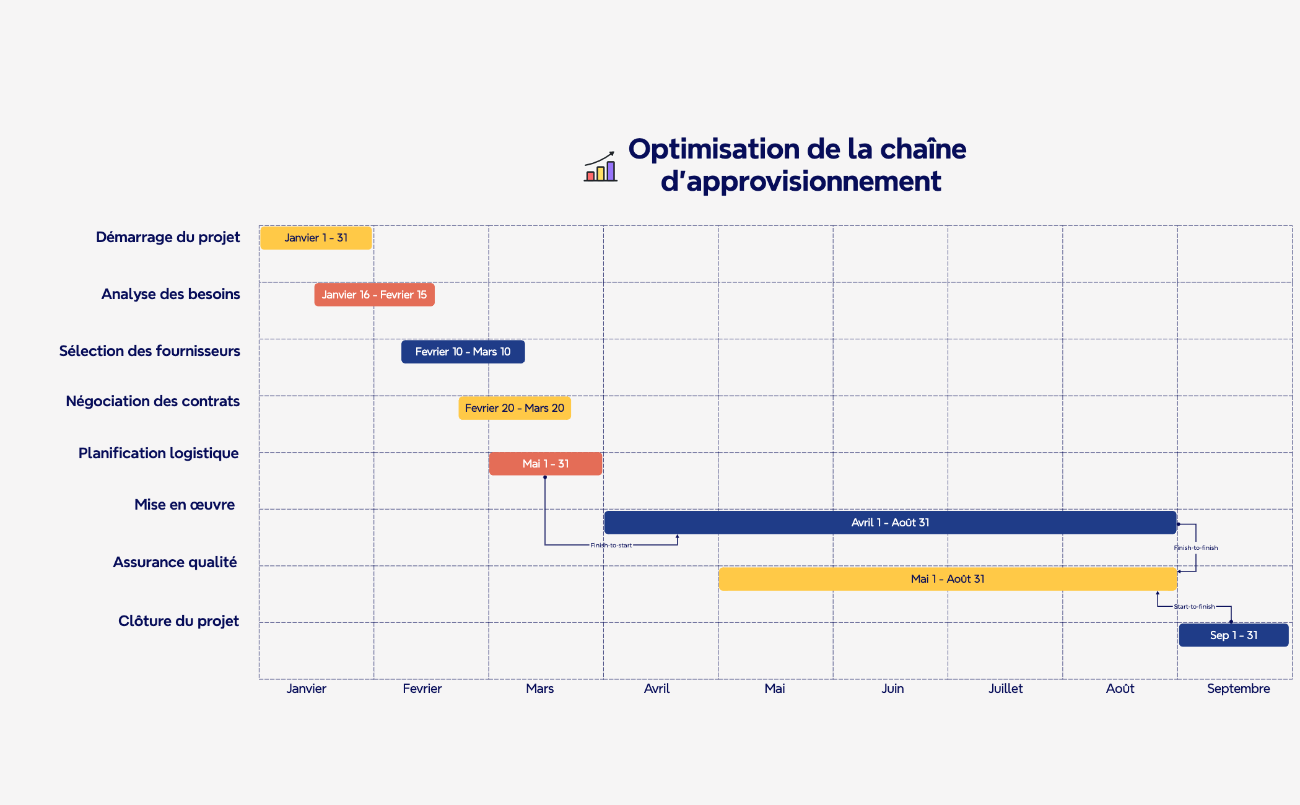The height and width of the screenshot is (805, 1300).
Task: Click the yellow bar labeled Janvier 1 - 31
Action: pos(316,238)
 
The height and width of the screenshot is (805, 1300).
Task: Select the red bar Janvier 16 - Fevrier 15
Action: pos(374,295)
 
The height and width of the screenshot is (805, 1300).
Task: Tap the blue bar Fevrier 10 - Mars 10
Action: pos(463,352)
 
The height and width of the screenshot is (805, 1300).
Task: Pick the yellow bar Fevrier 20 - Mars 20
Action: pos(514,408)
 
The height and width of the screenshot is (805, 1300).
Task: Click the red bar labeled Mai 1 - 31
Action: pos(545,464)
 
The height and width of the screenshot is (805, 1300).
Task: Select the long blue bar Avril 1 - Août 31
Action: pos(889,523)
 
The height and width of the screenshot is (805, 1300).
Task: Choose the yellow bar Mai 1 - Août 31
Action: pos(947,579)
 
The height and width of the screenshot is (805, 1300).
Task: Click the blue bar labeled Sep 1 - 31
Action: pos(1233,635)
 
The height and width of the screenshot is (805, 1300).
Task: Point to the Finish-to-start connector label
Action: pos(611,546)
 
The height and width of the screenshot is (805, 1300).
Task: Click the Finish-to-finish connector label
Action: pos(1195,548)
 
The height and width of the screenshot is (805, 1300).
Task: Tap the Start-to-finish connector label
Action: pos(1194,607)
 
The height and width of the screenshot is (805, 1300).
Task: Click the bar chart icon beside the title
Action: pos(600,167)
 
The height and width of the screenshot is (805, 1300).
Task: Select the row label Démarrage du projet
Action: pos(168,237)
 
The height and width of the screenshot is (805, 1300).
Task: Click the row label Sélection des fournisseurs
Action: pos(149,351)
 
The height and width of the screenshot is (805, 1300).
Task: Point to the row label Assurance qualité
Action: pos(175,562)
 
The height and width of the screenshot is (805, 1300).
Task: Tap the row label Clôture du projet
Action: pos(178,621)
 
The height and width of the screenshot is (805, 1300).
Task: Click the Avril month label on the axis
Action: pos(657,689)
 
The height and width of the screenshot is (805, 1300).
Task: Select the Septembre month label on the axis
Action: pos(1237,689)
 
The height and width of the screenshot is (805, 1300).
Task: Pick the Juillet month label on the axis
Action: pos(1005,689)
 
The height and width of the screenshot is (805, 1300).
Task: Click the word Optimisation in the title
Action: pos(714,150)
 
